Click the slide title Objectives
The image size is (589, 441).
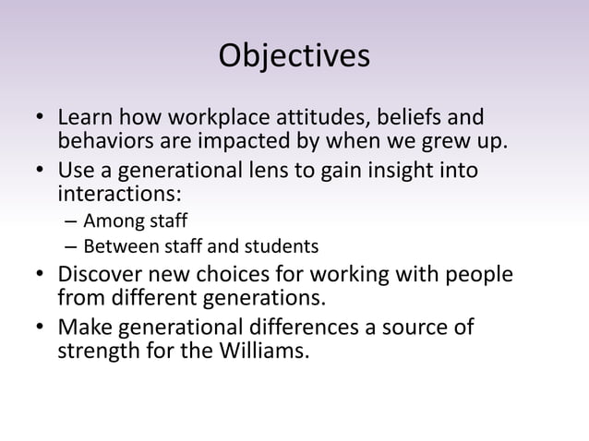(294, 56)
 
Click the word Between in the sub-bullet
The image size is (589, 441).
(114, 247)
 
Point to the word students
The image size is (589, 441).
(286, 247)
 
